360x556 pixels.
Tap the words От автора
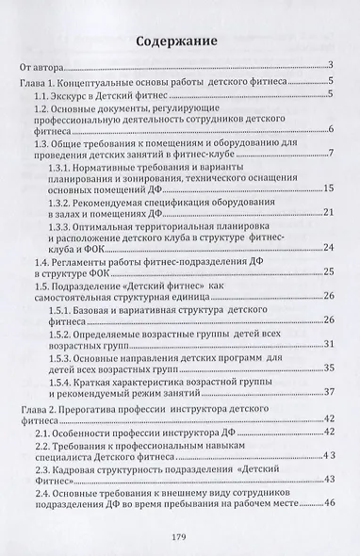pos(43,66)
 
